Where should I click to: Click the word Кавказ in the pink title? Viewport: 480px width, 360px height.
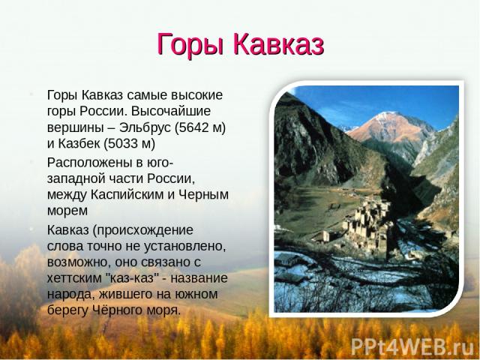pyautogui.click(x=278, y=43)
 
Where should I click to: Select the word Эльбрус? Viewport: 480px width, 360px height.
pyautogui.click(x=145, y=127)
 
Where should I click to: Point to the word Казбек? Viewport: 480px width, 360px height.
pyautogui.click(x=78, y=143)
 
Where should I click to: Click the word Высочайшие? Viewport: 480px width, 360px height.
pyautogui.click(x=171, y=111)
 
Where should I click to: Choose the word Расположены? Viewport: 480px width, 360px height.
pyautogui.click(x=89, y=163)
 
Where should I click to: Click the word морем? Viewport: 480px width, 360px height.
pyautogui.click(x=67, y=211)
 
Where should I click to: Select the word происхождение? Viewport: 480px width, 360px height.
pyautogui.click(x=145, y=230)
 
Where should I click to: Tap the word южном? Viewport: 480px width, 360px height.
pyautogui.click(x=196, y=294)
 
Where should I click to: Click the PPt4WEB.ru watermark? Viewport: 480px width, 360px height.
pyautogui.click(x=412, y=346)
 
